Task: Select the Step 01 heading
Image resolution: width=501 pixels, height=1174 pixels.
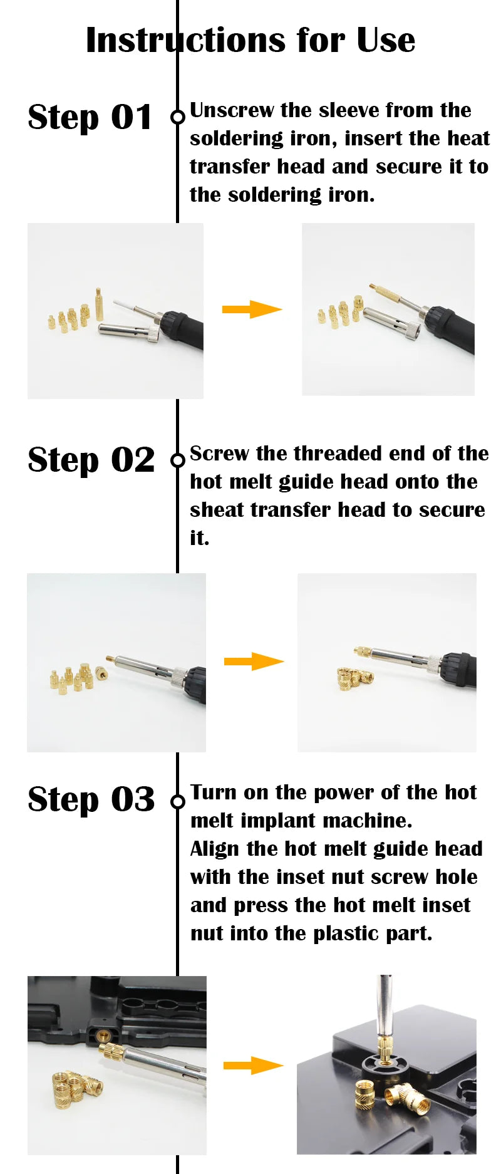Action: [x=90, y=117]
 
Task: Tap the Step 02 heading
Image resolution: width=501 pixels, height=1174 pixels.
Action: [x=91, y=460]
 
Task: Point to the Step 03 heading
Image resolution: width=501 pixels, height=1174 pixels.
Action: [x=91, y=800]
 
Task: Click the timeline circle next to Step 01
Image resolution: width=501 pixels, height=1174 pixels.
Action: [x=178, y=117]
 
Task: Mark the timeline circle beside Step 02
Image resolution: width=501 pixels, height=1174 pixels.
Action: [x=178, y=460]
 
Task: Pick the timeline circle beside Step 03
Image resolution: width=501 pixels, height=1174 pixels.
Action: [x=178, y=801]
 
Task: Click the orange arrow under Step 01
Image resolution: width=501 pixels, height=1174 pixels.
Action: [x=252, y=309]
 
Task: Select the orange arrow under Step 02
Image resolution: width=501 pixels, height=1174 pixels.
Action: [x=254, y=661]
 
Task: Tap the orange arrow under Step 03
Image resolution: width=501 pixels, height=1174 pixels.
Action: [x=253, y=1065]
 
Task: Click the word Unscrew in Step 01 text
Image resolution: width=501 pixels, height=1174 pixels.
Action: [x=232, y=110]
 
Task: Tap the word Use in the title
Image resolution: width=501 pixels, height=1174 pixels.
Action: [x=386, y=40]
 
